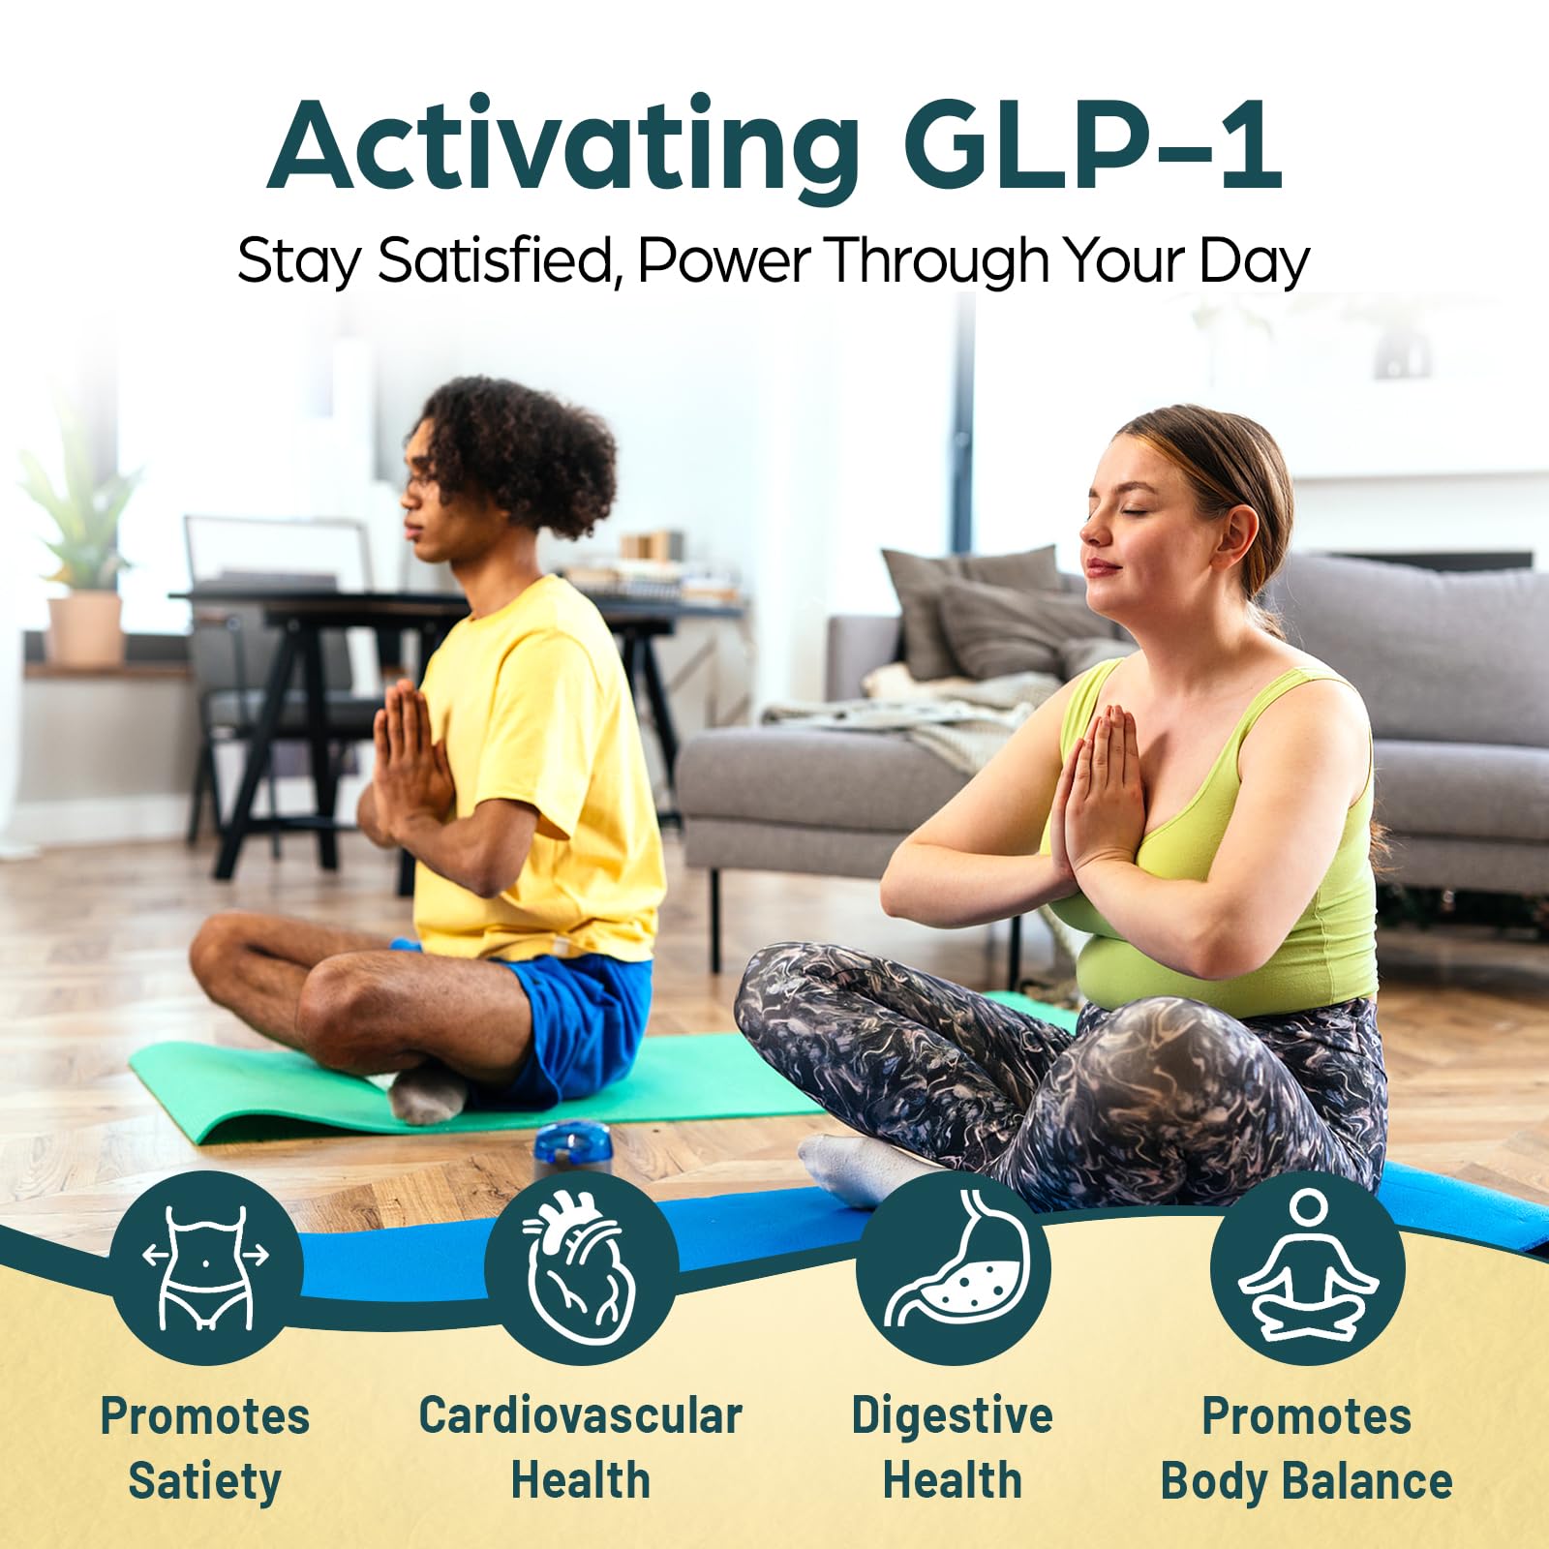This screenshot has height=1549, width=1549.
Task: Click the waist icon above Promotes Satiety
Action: click(205, 1267)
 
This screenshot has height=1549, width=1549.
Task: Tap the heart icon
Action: click(580, 1267)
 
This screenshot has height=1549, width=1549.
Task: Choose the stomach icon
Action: click(953, 1267)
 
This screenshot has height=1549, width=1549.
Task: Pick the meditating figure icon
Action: click(1307, 1267)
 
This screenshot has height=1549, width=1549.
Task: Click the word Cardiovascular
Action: click(580, 1415)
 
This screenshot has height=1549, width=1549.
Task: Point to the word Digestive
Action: click(952, 1415)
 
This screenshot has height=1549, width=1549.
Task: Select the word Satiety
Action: click(204, 1482)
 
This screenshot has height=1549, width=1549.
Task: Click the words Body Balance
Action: click(1306, 1482)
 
